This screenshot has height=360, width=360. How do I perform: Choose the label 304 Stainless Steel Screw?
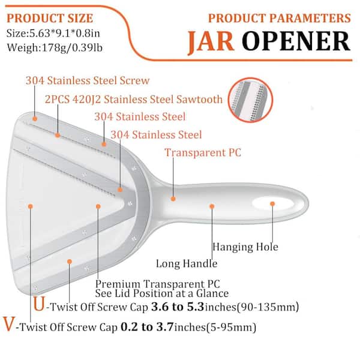click(88, 80)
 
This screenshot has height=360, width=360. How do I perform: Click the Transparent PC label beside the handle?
click(203, 152)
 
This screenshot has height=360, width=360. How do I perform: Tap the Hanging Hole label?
click(245, 246)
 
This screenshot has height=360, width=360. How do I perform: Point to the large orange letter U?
click(38, 306)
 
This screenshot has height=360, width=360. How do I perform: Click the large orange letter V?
click(10, 328)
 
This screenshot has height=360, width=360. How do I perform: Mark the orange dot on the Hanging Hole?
click(272, 204)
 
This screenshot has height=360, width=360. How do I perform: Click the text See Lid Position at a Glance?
click(162, 293)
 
